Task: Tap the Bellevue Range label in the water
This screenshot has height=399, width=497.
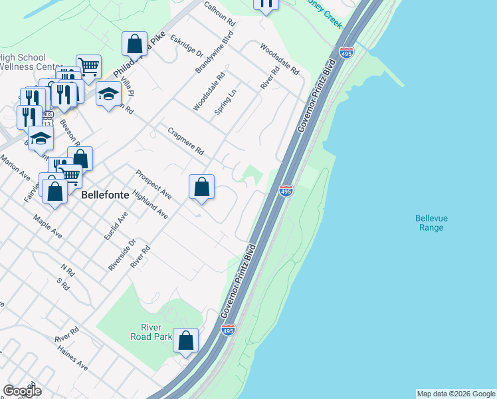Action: point(429,223)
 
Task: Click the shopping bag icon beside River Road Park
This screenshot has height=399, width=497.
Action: point(186,340)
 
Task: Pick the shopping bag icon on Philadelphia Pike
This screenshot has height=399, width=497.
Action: point(134,44)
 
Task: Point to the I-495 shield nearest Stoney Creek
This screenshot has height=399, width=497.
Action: point(346,53)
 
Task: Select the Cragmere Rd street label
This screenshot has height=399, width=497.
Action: point(185,142)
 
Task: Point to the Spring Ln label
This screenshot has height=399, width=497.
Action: point(226,104)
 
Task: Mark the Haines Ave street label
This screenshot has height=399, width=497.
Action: point(72,357)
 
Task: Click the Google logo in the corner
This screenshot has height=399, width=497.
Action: point(22,390)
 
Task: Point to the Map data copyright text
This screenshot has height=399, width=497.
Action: point(455,394)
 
